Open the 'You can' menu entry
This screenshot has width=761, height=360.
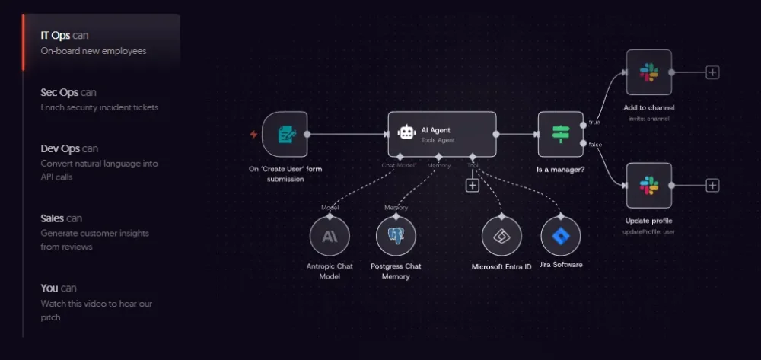(59, 288)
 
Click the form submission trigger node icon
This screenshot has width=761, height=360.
(285, 135)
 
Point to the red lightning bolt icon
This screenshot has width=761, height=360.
(253, 135)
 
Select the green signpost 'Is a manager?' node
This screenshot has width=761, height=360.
(561, 134)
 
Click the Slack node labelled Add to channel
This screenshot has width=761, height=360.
(648, 72)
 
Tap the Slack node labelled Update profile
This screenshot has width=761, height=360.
(648, 185)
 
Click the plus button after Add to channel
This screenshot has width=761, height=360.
(712, 72)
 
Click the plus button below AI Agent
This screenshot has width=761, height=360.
(472, 185)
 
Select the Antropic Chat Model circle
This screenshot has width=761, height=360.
(330, 236)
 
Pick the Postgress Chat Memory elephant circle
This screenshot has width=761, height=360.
(396, 236)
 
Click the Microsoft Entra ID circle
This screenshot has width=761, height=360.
(501, 236)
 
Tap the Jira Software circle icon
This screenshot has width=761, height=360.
(561, 236)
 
